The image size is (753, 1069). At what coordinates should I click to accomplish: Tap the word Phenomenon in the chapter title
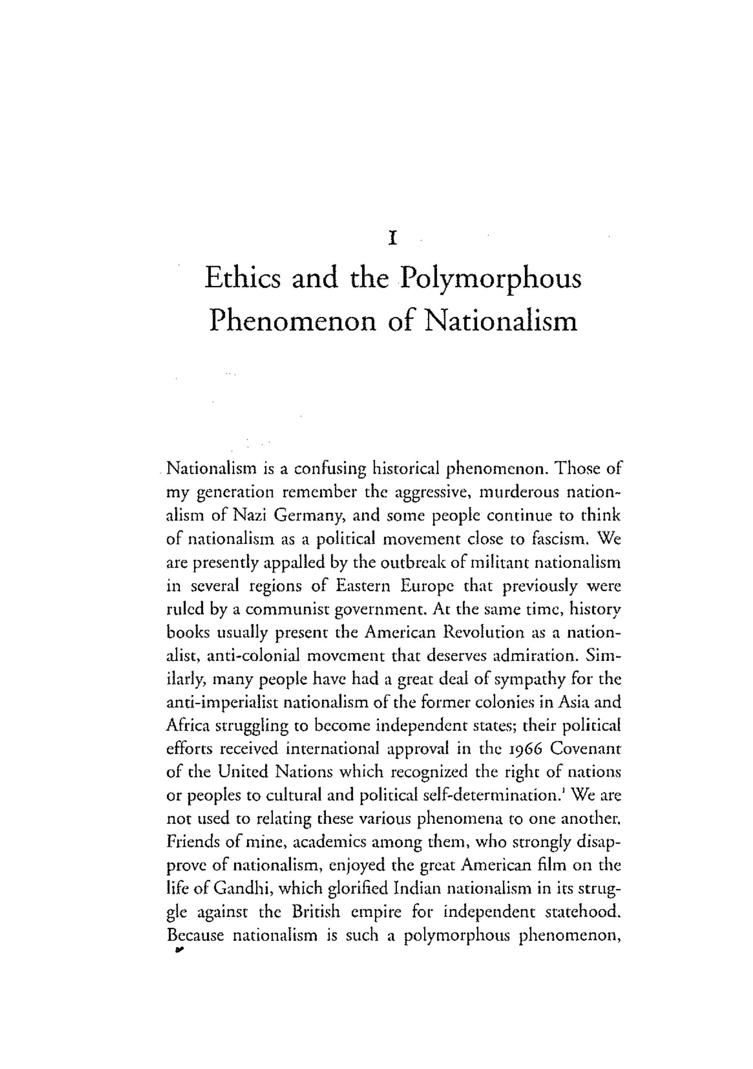(292, 321)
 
